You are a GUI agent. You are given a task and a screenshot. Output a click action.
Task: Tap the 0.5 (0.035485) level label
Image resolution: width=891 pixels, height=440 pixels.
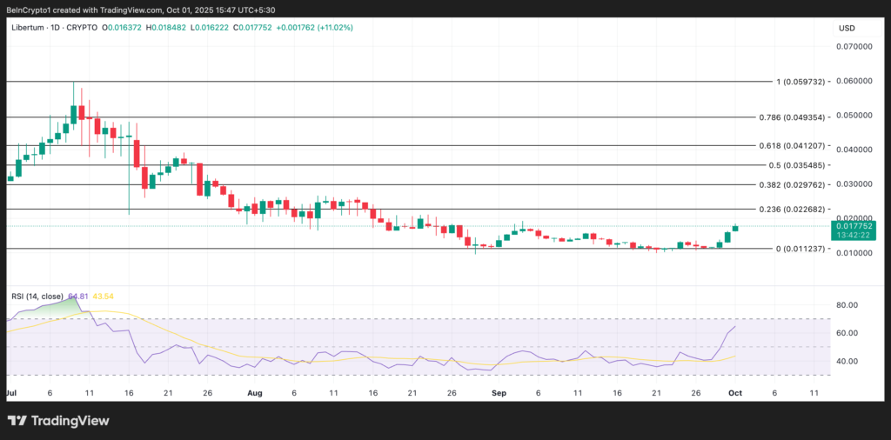coord(797,165)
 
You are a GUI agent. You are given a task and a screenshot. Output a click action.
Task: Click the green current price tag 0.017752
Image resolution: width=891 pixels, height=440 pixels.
coord(854,225)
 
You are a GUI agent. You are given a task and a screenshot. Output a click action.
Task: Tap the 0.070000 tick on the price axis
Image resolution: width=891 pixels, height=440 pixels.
coord(854,46)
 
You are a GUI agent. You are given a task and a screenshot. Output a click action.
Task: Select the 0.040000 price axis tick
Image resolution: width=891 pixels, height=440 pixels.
coord(854,150)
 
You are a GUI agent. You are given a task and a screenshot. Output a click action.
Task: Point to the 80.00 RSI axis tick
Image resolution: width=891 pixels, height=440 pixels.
coord(847,305)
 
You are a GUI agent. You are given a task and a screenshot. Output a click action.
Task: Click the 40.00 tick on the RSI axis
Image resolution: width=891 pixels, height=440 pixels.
coord(847,361)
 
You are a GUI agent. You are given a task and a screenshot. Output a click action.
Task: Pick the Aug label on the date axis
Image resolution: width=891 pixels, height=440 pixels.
coord(255,393)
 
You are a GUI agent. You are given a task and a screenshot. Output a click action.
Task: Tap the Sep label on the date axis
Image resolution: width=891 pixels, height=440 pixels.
coord(499,393)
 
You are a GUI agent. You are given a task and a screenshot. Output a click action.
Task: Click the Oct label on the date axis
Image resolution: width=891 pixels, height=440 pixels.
coord(734,393)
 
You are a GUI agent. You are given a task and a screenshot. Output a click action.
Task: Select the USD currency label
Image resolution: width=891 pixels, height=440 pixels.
coord(847,28)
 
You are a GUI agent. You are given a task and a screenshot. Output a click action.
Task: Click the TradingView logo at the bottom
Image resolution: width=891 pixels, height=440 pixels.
coord(58,421)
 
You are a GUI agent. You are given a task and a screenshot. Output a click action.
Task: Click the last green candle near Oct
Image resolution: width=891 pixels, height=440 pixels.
coord(735,228)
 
